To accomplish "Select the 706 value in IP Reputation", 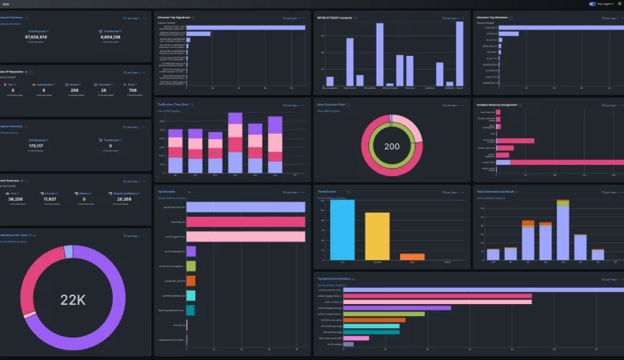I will (132, 90).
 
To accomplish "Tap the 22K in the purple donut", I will (74, 300).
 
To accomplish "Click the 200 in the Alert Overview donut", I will (392, 146).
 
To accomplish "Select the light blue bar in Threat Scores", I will (342, 230).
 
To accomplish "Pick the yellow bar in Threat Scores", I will (377, 236).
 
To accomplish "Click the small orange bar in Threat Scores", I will (412, 257).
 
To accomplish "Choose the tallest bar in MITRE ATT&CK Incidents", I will (459, 53).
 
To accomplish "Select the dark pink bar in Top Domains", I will (246, 222).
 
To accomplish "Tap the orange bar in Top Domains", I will (190, 281).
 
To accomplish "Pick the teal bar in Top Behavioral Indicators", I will (371, 326).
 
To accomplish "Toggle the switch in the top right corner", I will (592, 3).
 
